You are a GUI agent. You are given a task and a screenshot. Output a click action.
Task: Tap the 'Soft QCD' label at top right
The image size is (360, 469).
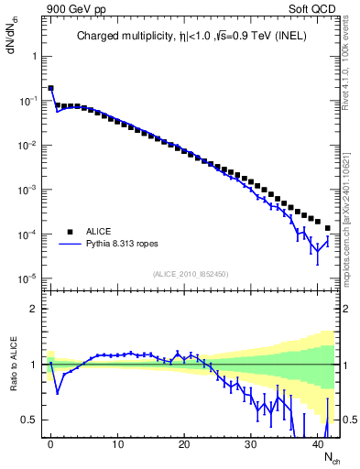tap(315, 7)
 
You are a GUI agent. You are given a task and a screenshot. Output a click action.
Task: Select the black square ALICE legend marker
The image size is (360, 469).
tap(69, 232)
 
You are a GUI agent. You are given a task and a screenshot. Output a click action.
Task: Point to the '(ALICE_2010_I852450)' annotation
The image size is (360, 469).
tap(191, 273)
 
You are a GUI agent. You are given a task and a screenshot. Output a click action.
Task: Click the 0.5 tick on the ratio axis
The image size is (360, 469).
tap(30, 420)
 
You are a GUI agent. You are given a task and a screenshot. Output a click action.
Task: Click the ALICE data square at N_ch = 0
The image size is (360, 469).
tap(50, 89)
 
